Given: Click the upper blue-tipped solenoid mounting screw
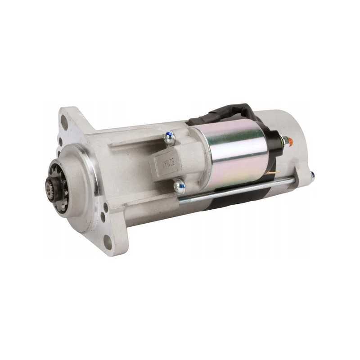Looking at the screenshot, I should [x=169, y=137].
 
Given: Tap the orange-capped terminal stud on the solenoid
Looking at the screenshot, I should [x=290, y=142].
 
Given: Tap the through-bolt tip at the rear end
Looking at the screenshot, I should [x=312, y=177].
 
